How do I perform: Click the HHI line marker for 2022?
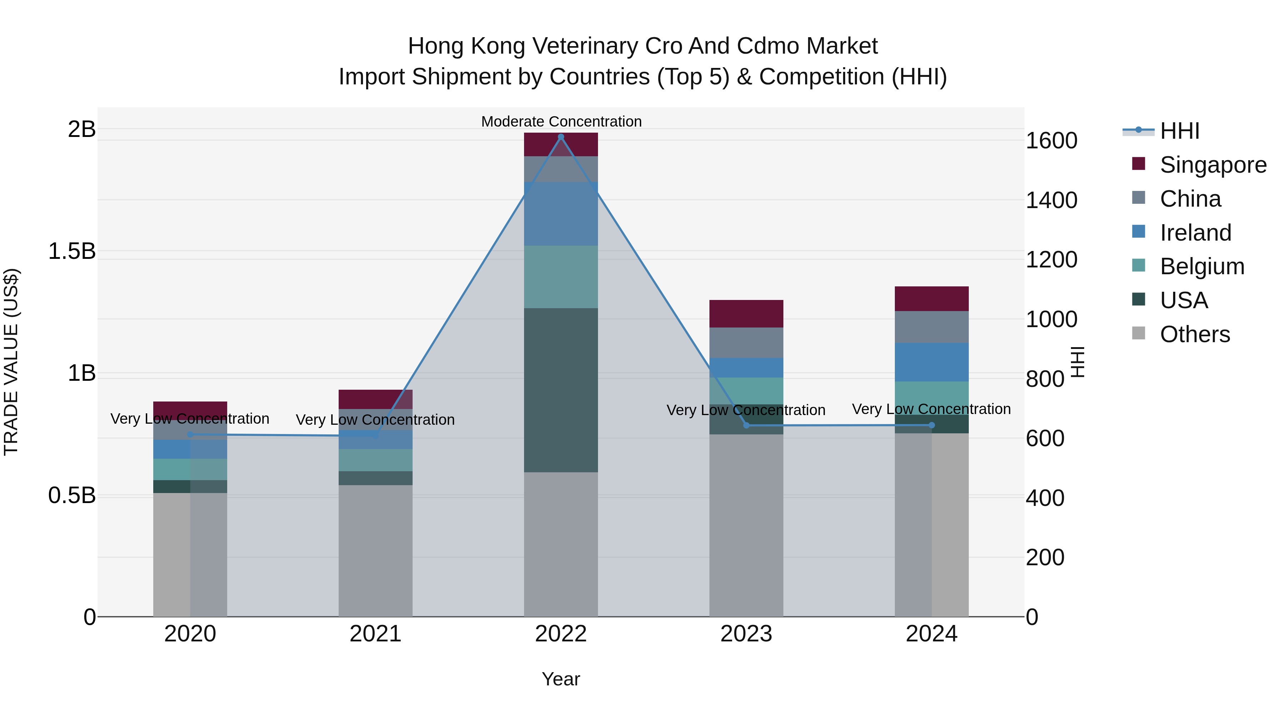pyautogui.click(x=560, y=137)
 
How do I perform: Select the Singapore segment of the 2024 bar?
pyautogui.click(x=932, y=299)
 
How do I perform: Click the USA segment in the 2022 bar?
pyautogui.click(x=560, y=390)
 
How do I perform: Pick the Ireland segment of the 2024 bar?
pyautogui.click(x=932, y=362)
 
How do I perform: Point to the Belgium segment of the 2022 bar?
pyautogui.click(x=560, y=277)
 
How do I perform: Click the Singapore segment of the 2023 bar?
pyautogui.click(x=746, y=314)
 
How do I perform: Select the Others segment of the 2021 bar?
pyautogui.click(x=375, y=550)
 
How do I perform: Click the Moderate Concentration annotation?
pyautogui.click(x=561, y=122)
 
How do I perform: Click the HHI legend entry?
pyautogui.click(x=1179, y=131)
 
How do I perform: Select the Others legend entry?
pyautogui.click(x=1194, y=334)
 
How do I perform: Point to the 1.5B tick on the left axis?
pyautogui.click(x=71, y=251)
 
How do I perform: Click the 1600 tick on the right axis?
pyautogui.click(x=1051, y=141)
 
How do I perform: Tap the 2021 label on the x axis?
pyautogui.click(x=375, y=634)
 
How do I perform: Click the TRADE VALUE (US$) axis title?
pyautogui.click(x=11, y=362)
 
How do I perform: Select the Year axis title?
pyautogui.click(x=560, y=679)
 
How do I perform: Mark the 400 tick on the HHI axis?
pyautogui.click(x=1045, y=498)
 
